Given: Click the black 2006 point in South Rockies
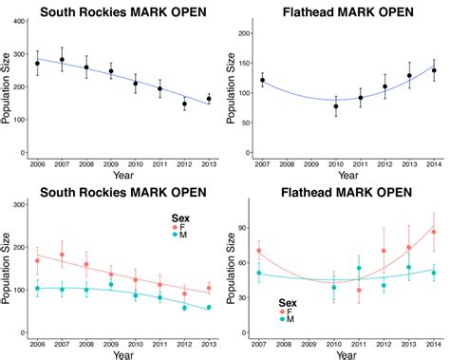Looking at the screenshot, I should pos(38,64).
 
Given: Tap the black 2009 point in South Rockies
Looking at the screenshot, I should pos(111,71).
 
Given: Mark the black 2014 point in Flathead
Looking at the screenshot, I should pos(434,70).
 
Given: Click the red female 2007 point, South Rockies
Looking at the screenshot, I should pos(62,255).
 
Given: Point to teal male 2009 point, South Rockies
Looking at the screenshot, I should pos(111,284).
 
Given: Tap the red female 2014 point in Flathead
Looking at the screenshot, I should pos(434,232).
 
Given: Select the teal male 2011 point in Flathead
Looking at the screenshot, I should pos(360,269).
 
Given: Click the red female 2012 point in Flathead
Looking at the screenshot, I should pos(384,251).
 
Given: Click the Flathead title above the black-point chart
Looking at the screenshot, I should pos(337,11).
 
